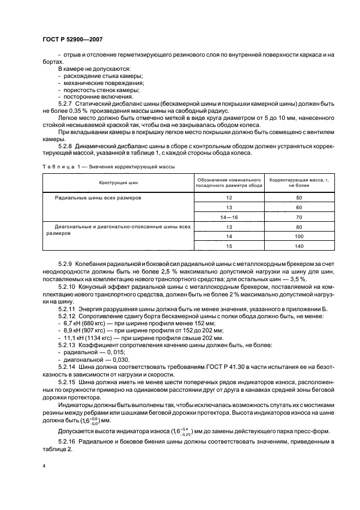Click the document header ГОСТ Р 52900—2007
tap(72, 39)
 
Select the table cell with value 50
tap(298, 198)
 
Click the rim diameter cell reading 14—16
tap(228, 217)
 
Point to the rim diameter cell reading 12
tap(228, 198)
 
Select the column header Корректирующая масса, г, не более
tap(298, 183)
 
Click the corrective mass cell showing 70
tap(298, 217)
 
